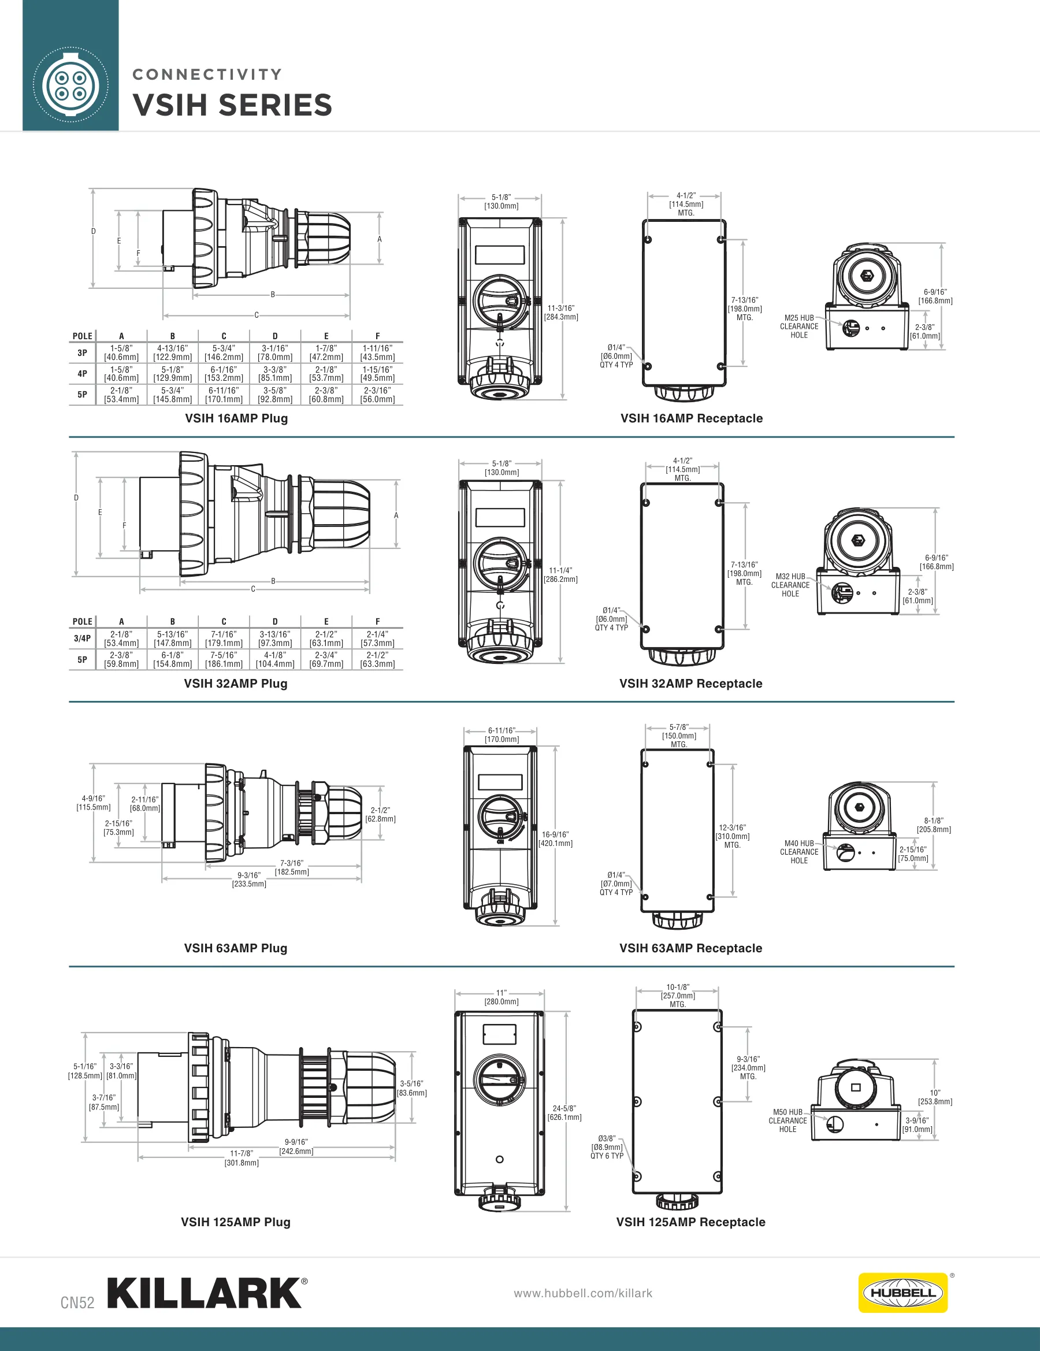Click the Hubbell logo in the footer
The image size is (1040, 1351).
[x=902, y=1292]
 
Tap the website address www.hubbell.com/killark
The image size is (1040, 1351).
[x=583, y=1293]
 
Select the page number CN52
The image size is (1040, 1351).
[x=77, y=1302]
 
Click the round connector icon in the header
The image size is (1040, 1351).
[x=70, y=86]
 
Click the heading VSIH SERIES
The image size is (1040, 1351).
[x=233, y=105]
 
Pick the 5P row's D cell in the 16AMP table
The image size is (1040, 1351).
[x=274, y=395]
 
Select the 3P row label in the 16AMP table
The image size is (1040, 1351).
[x=82, y=353]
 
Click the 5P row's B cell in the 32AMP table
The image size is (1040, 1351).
[x=173, y=659]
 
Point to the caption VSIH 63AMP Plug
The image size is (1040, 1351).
[x=236, y=948]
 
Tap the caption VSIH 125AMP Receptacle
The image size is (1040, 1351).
[x=690, y=1222]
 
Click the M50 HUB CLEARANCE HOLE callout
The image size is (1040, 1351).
[x=788, y=1120]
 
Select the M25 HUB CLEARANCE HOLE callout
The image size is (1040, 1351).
[x=798, y=326]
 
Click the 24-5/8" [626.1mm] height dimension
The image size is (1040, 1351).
[x=564, y=1113]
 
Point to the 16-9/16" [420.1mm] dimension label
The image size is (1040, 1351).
[x=556, y=839]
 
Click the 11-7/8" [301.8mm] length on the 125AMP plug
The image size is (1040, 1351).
[x=242, y=1158]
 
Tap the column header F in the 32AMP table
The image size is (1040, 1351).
[x=377, y=621]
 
